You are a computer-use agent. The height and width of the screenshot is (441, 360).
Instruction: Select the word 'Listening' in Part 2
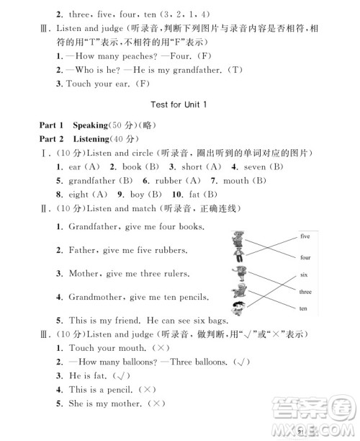pyautogui.click(x=91, y=138)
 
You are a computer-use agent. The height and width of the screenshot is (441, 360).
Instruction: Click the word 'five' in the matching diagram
pyautogui.click(x=305, y=236)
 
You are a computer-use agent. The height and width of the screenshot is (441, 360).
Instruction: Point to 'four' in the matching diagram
pyautogui.click(x=305, y=257)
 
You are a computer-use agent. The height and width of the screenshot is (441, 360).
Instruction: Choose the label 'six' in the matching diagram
pyautogui.click(x=303, y=275)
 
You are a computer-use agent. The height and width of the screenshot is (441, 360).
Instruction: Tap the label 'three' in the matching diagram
pyautogui.click(x=305, y=292)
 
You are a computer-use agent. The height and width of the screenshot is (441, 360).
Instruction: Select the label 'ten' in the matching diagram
pyautogui.click(x=303, y=308)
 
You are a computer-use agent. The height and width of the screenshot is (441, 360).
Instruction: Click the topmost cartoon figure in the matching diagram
pyautogui.click(x=239, y=238)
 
